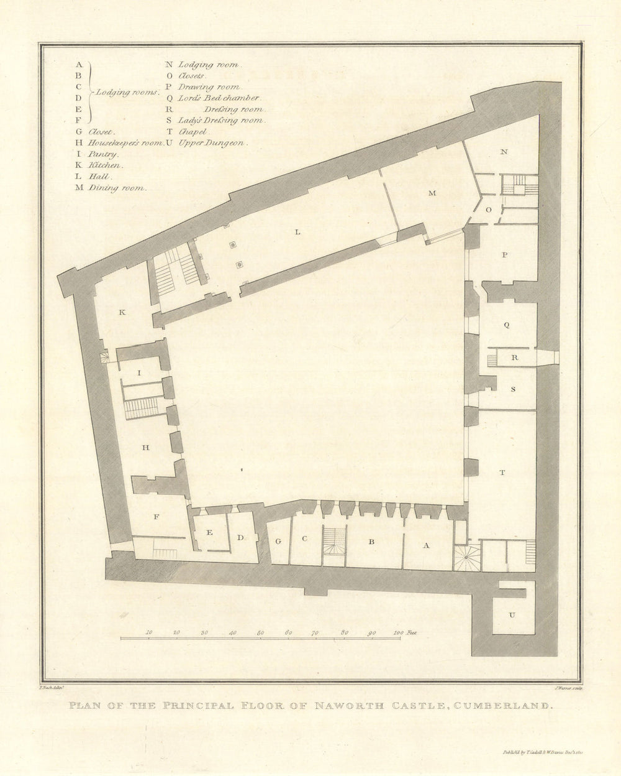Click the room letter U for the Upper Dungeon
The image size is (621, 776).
(x=512, y=616)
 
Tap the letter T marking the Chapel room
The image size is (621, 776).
(x=502, y=473)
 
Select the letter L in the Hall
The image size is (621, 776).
(x=297, y=232)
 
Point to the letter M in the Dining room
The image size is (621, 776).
(x=432, y=193)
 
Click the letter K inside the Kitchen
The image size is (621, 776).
(x=122, y=312)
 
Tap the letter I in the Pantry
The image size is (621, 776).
(x=140, y=373)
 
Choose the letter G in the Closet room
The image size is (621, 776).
(x=278, y=541)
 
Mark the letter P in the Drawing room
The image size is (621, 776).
(x=504, y=255)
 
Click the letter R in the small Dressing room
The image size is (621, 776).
(x=514, y=358)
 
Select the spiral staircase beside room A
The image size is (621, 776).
(x=466, y=558)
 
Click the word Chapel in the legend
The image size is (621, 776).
(x=192, y=132)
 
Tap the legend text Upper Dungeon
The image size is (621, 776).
(x=212, y=143)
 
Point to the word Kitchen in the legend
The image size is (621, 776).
(x=105, y=165)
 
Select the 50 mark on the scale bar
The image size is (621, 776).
(x=260, y=632)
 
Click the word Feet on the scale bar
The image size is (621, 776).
(x=412, y=632)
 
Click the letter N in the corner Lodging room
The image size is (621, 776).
(x=504, y=152)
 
